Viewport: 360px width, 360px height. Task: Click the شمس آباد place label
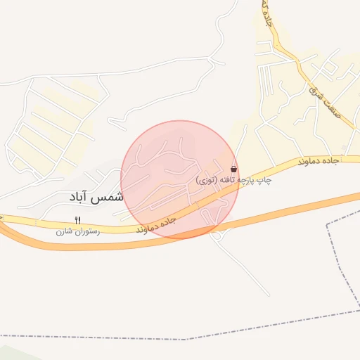click(x=95, y=198)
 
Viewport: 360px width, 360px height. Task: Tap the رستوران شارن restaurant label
click(x=77, y=231)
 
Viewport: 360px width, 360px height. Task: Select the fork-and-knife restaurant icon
click(x=77, y=220)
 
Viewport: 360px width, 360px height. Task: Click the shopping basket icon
click(x=233, y=169)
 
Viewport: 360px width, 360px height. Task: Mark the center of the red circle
click(x=179, y=179)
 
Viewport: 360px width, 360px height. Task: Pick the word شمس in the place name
click(x=108, y=198)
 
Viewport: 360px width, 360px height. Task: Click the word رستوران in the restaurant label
click(x=88, y=231)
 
